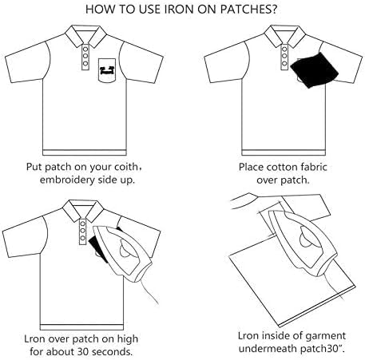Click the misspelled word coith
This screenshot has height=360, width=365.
138,168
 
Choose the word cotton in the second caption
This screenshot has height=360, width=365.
276,168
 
